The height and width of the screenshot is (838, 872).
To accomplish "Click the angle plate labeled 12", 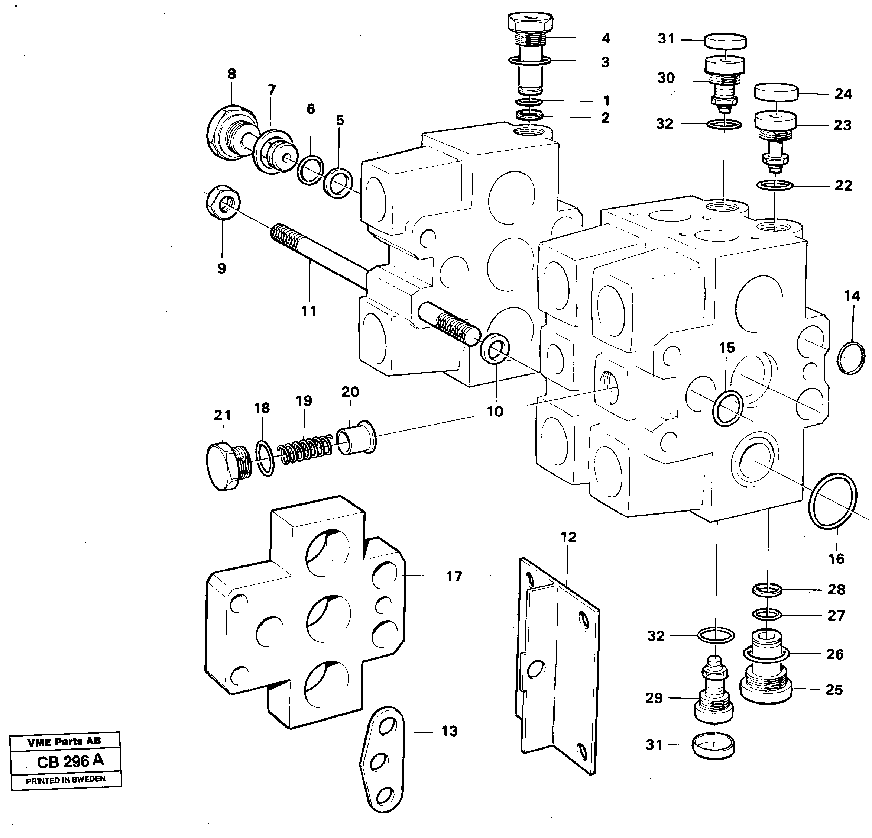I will pyautogui.click(x=558, y=668).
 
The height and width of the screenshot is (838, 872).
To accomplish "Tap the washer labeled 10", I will pyautogui.click(x=495, y=349).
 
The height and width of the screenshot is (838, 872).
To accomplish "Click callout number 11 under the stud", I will pyautogui.click(x=309, y=311).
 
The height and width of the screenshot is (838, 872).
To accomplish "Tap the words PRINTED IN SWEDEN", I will pyautogui.click(x=65, y=780).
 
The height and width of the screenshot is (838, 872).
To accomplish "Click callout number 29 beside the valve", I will pyautogui.click(x=654, y=698).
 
